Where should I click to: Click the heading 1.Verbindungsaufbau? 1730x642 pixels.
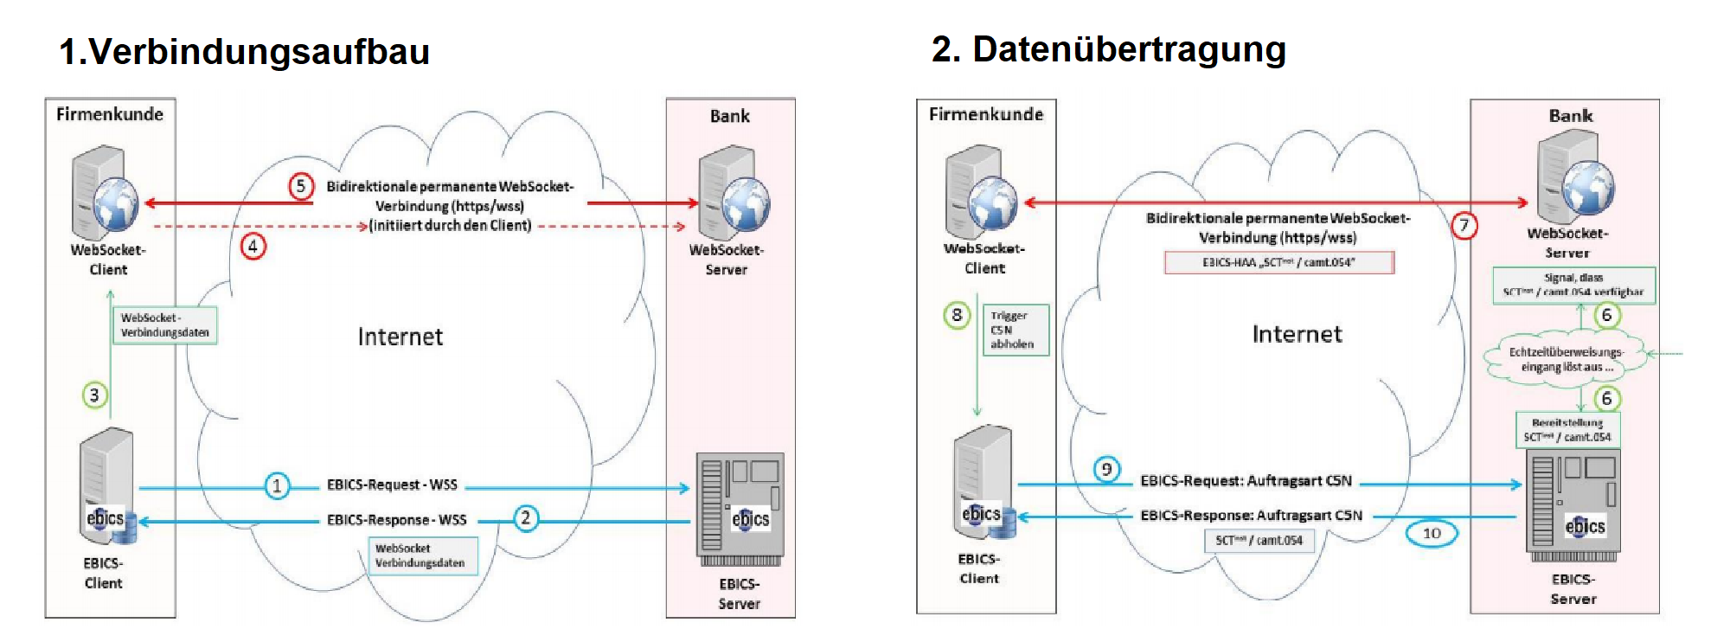point(244,51)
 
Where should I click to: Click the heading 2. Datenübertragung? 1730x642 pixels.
point(1108,49)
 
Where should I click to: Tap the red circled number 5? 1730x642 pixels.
point(300,186)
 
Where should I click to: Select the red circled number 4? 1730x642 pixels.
point(253,247)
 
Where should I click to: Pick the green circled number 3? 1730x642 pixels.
point(94,395)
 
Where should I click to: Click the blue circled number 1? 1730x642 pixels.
point(277,485)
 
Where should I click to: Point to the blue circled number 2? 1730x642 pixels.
point(525,518)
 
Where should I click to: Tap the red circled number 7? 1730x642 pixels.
point(1464,226)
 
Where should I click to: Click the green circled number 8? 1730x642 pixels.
point(957,316)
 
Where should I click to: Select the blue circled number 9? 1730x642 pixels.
point(1106,470)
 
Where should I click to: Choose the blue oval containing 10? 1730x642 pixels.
point(1432,533)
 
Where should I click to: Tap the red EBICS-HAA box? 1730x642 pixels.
point(1278,262)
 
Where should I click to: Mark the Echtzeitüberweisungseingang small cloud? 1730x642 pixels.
point(1565,359)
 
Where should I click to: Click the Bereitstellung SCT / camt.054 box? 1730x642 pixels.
point(1567,430)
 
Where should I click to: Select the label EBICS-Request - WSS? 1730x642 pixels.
point(392,485)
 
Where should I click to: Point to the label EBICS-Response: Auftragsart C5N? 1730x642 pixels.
point(1251,516)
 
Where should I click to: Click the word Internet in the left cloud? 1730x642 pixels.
point(400,337)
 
